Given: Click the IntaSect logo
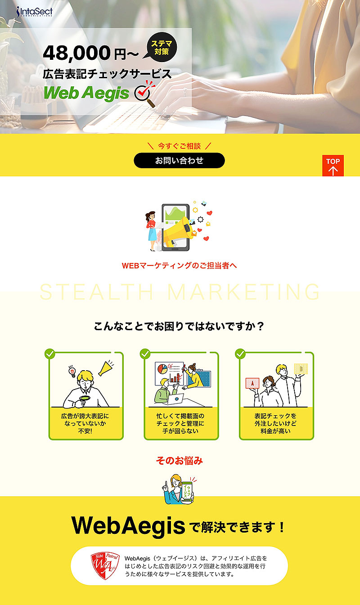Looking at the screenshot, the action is (34, 12).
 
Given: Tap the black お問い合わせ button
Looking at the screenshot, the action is (179, 161).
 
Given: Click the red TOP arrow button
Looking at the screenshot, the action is (333, 166).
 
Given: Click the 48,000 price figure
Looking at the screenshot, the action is (77, 53).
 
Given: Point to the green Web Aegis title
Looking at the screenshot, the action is (86, 93).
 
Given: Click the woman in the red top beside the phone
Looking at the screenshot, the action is (151, 231).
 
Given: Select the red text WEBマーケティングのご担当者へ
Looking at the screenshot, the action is (179, 265).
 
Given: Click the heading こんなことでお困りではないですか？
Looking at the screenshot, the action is (179, 326).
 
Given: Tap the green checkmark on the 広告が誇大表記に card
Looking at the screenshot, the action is (50, 354).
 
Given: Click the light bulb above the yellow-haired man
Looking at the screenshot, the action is (72, 372).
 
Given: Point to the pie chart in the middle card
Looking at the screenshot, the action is (162, 368).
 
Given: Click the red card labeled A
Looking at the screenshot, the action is (252, 383).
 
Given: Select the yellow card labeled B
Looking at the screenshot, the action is (301, 369).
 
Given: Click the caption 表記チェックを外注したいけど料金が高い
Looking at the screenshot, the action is (275, 423).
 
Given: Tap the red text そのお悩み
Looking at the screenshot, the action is (179, 461).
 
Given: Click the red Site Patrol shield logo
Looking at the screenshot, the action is (105, 565).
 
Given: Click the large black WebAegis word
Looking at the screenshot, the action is (128, 525).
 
